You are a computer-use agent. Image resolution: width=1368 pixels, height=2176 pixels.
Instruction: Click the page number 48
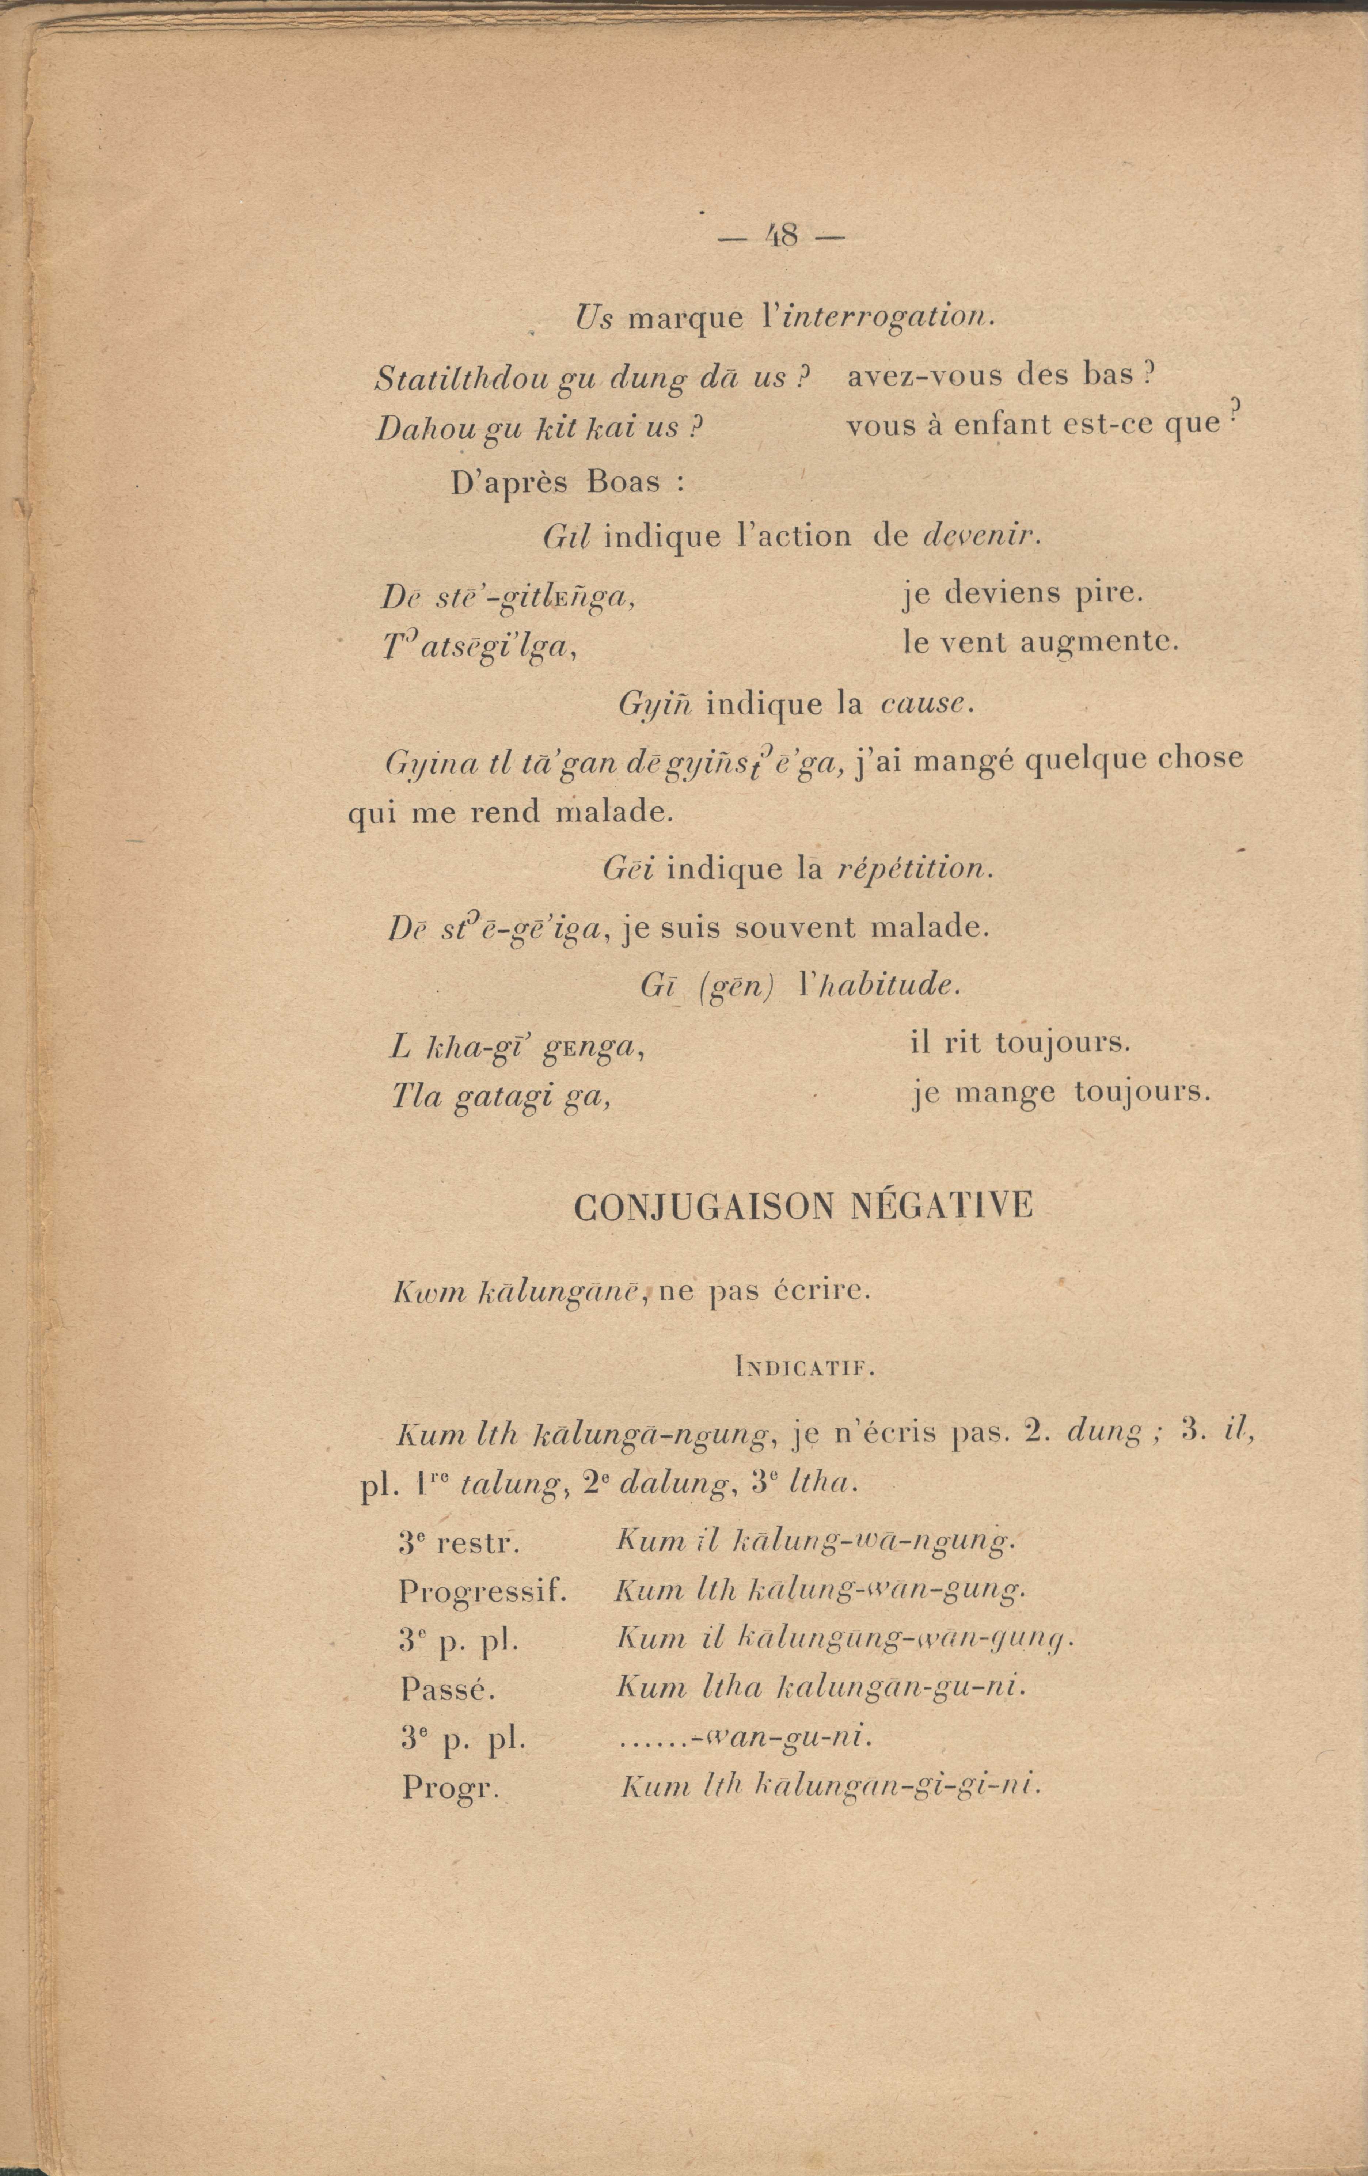click(x=781, y=237)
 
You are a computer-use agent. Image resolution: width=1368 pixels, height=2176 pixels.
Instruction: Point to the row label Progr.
click(x=450, y=1786)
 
